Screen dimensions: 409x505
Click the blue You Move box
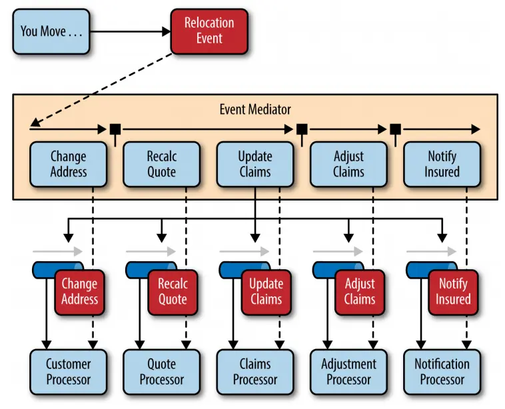click(51, 31)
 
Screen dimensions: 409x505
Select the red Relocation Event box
click(209, 31)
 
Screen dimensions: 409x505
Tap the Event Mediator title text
click(255, 109)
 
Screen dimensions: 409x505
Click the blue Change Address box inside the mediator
click(69, 164)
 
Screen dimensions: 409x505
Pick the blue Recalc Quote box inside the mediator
click(162, 164)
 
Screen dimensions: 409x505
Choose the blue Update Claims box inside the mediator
click(255, 164)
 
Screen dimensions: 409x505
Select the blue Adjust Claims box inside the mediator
click(348, 164)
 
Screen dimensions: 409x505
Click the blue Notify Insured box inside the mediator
click(442, 164)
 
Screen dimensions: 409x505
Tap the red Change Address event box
click(80, 291)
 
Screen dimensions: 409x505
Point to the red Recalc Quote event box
click(173, 291)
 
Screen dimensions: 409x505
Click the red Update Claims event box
click(266, 291)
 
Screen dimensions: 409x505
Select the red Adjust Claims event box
click(360, 291)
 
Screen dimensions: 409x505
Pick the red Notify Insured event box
click(453, 291)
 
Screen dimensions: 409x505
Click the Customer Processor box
click(69, 372)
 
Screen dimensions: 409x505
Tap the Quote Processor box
click(162, 372)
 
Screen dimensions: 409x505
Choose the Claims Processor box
click(255, 372)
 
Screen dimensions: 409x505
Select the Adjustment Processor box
click(348, 372)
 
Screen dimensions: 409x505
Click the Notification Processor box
click(442, 372)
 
